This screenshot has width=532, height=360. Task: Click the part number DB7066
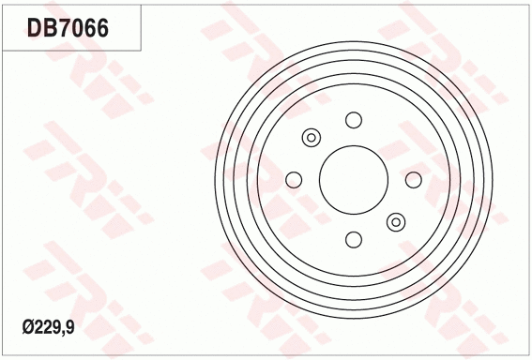pos(67,28)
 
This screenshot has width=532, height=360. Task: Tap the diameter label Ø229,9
pos(48,326)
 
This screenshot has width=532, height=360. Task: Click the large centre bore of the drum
pos(354,180)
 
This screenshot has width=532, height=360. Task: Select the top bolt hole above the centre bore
pos(354,120)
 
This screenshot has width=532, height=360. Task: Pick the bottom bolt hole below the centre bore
pos(354,240)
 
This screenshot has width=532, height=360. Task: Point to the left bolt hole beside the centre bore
pos(294,180)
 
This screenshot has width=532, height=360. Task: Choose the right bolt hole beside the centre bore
pos(414,180)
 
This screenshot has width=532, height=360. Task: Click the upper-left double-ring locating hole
pos(312,138)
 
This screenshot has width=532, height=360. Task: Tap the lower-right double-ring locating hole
pos(396,222)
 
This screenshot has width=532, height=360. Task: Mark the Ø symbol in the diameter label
pos(27,326)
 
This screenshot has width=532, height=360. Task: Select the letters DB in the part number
pos(39,28)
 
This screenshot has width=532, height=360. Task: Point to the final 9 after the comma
pos(71,326)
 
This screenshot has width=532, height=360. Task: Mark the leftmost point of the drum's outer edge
pos(214,180)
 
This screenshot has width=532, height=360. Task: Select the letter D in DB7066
pos(32,28)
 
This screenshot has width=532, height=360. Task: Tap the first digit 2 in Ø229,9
pos(38,326)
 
